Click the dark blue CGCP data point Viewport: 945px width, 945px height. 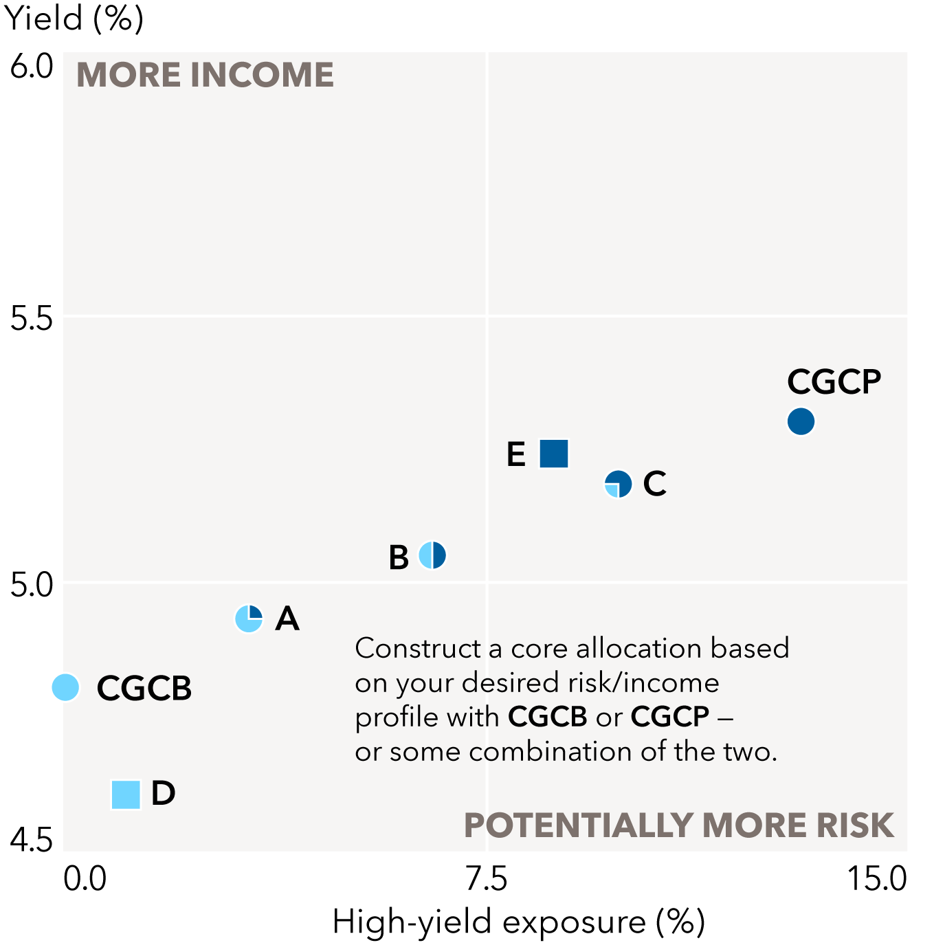tap(801, 421)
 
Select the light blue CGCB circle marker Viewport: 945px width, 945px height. tap(66, 687)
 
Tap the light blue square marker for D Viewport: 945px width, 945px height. tap(126, 794)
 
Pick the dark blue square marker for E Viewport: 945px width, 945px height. tap(554, 454)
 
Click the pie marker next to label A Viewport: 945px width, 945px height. tap(249, 619)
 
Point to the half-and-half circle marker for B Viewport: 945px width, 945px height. tap(432, 555)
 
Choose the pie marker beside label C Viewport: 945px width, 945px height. tap(618, 484)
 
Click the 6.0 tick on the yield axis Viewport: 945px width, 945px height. tap(32, 67)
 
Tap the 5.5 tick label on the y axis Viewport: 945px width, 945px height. tap(32, 318)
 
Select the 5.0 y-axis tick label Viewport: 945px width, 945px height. tap(32, 585)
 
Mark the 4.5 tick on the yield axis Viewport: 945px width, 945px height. tap(32, 840)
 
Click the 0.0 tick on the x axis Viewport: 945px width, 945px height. tap(85, 879)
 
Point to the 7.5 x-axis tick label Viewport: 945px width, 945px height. tap(487, 879)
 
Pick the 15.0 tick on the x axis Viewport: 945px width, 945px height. tap(877, 879)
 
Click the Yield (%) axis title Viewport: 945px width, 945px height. tap(74, 19)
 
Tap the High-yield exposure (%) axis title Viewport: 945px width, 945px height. tap(519, 922)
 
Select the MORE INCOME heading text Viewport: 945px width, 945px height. tap(205, 75)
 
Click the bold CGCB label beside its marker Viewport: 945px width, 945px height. tap(144, 688)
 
